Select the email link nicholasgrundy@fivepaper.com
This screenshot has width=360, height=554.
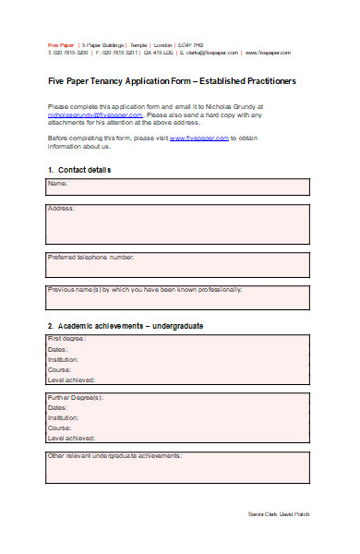coord(95,114)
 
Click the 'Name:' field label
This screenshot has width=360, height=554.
coord(59,185)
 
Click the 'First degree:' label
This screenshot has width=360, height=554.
coord(66,339)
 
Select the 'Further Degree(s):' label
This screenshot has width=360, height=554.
coord(76,397)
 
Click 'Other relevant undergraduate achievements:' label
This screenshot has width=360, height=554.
coord(114,456)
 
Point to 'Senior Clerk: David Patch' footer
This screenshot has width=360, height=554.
coord(280,513)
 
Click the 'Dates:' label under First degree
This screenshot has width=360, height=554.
coord(57,349)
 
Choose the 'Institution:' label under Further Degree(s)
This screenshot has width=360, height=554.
coord(63,417)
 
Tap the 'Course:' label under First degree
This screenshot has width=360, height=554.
coord(59,369)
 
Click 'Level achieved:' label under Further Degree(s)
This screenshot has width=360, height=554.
coord(71,438)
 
